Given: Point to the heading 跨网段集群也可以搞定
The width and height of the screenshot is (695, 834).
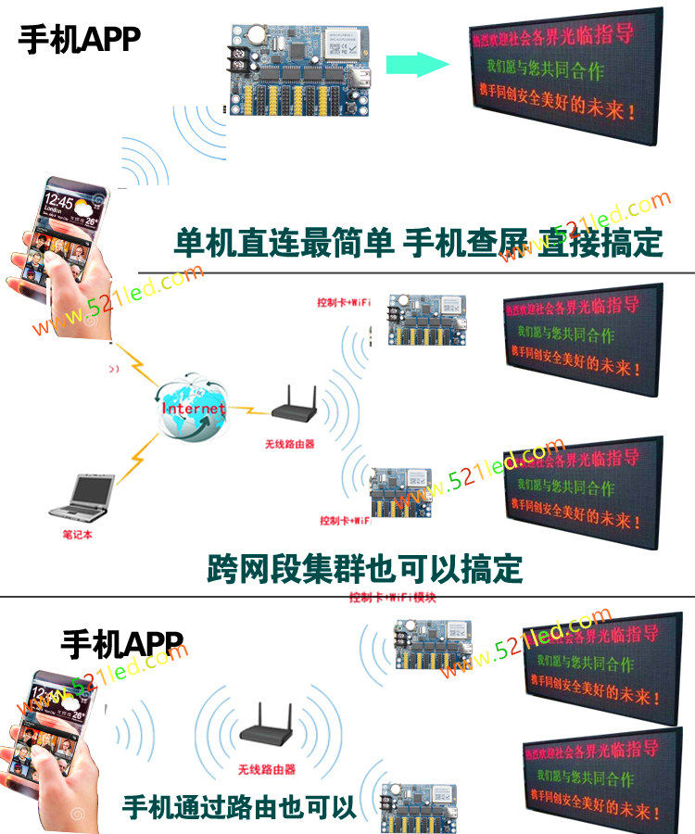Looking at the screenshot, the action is tap(365, 568).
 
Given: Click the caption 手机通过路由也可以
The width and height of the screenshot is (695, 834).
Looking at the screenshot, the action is tap(239, 806).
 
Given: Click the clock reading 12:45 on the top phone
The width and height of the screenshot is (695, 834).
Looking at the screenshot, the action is tap(57, 201).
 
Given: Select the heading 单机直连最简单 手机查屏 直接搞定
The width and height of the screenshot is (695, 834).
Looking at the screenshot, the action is tap(418, 243).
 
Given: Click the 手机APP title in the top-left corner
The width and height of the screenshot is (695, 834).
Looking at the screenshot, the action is tap(79, 39).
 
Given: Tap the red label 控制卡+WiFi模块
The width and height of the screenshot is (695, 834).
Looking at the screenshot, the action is tap(393, 599).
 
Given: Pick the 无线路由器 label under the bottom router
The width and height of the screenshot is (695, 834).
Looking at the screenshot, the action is tap(266, 769).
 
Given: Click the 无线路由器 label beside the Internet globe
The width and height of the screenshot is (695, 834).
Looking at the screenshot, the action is tap(289, 445).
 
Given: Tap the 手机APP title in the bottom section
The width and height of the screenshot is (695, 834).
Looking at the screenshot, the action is tap(121, 643).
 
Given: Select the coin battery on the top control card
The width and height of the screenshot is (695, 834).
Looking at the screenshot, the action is tap(254, 35).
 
